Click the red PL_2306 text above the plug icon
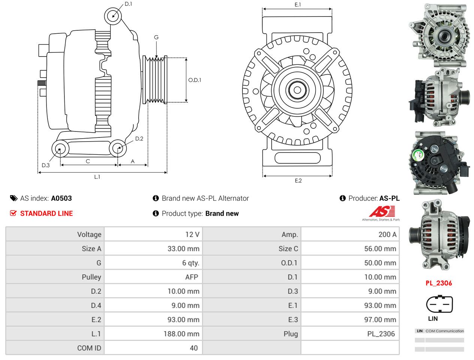click(438, 283)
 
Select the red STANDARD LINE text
click(46, 214)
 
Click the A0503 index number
click(61, 199)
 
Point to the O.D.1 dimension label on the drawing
click(194, 80)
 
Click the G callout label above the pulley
click(156, 37)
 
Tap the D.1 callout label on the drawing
click(128, 4)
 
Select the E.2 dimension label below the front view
click(298, 181)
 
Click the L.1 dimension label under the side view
click(97, 177)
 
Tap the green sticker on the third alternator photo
click(417, 156)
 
